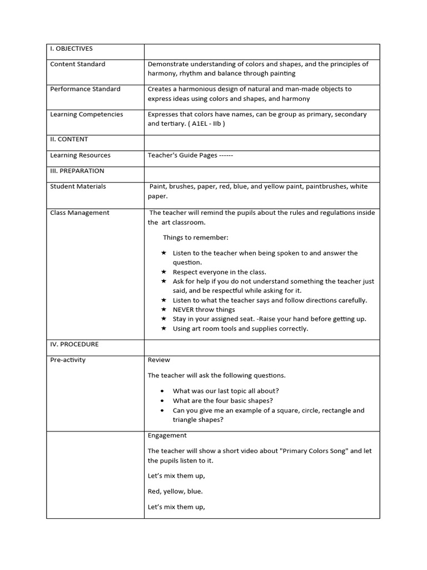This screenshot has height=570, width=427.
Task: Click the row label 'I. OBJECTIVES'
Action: tap(71, 49)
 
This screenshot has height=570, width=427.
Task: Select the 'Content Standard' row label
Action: tap(78, 64)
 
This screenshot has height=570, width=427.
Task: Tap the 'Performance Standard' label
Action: tap(85, 89)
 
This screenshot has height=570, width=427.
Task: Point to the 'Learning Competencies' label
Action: tap(87, 115)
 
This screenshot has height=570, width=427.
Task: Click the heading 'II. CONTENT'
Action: tap(69, 139)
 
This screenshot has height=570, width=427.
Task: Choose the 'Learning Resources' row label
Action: tap(80, 155)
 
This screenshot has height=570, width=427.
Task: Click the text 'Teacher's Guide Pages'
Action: tap(182, 155)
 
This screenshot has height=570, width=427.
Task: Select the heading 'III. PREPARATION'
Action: tap(77, 171)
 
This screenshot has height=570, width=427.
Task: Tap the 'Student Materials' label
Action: tap(78, 186)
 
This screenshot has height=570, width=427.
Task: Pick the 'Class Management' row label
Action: tap(80, 213)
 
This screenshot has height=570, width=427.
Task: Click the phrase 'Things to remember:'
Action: tap(195, 238)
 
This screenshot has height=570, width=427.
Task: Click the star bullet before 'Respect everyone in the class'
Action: tap(163, 272)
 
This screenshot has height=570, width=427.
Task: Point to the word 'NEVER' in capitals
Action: tap(185, 309)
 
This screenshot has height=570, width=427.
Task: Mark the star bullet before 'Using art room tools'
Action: tap(163, 328)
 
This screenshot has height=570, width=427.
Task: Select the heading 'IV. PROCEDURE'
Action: tap(75, 345)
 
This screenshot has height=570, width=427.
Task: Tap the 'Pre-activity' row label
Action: tap(68, 360)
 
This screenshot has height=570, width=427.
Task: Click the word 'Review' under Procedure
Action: tap(159, 360)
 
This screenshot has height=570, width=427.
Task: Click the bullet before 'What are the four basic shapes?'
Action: tap(162, 401)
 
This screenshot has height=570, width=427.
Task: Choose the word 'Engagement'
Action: tap(167, 435)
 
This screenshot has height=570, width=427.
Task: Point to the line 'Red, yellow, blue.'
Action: tap(175, 492)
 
